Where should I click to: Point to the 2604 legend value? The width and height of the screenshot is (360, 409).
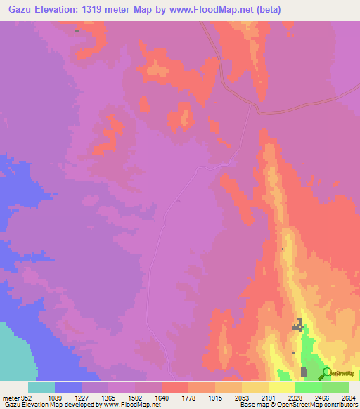coord(349,397)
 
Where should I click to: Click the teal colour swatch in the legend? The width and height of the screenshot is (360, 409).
coord(41,387)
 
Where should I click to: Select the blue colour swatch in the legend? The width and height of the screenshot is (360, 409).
coord(68,387)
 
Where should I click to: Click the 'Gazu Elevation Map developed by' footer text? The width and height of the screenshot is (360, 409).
coord(49,405)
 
